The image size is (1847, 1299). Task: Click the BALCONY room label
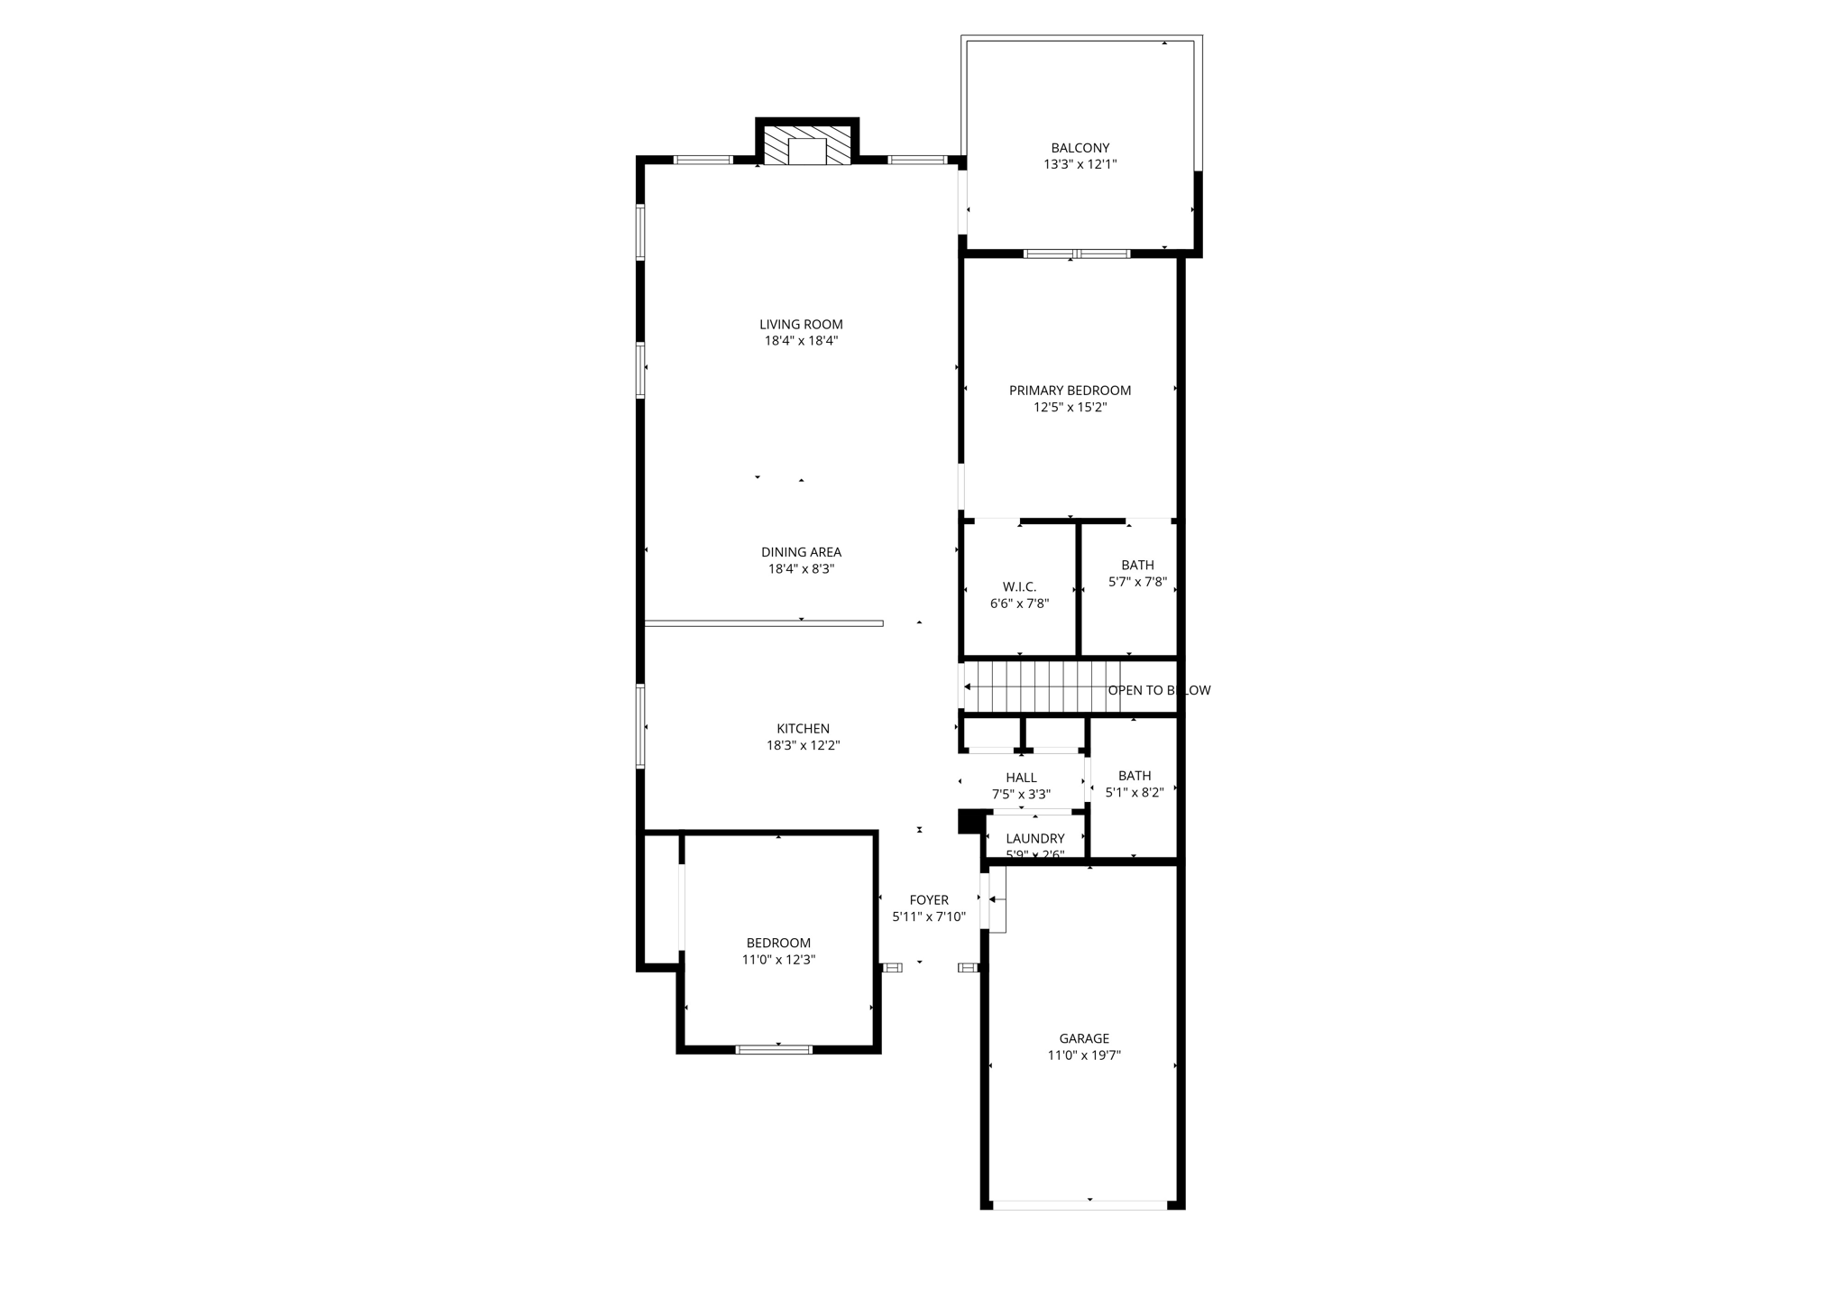tap(1080, 148)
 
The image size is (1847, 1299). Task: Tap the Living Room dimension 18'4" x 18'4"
tap(801, 341)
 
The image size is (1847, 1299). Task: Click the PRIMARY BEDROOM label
tap(1070, 391)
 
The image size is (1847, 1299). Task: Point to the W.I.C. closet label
tap(1019, 587)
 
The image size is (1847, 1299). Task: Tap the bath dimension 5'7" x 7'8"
tap(1137, 582)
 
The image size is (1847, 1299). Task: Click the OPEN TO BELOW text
tap(1159, 690)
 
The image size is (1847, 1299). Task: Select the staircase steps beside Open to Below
tap(1042, 686)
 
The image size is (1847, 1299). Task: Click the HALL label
tap(1021, 778)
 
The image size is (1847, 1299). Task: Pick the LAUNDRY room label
tap(1034, 839)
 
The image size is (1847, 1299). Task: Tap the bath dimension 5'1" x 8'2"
tap(1134, 793)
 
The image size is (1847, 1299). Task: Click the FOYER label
tap(928, 900)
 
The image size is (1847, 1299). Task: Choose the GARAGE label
tap(1083, 1038)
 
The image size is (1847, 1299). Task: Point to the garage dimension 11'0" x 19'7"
tap(1083, 1055)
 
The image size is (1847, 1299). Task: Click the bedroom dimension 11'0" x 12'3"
tap(778, 960)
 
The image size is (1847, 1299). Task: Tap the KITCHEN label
tap(803, 729)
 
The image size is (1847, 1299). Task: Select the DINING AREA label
tap(801, 552)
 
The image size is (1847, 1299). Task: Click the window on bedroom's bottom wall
tap(774, 1049)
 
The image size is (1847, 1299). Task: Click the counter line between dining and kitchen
tap(764, 623)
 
